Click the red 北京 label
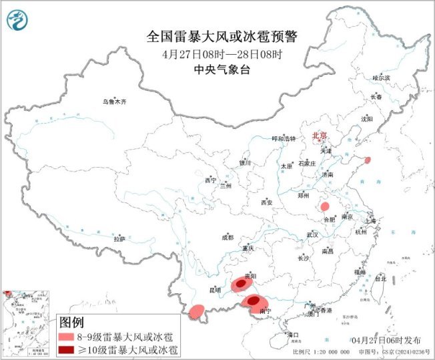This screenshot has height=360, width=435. point(320,136)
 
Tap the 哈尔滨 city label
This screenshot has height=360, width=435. point(381,78)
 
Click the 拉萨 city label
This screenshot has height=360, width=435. point(119,238)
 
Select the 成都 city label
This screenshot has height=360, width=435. point(228,237)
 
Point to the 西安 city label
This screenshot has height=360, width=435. point(267,202)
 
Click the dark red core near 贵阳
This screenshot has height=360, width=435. point(241,284)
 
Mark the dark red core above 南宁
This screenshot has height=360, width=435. point(254,301)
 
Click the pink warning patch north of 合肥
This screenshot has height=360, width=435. point(325,206)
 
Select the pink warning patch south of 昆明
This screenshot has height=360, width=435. point(197,311)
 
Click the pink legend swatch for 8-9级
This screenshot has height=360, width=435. point(67,337)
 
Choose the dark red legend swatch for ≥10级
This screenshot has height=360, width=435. point(67,349)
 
